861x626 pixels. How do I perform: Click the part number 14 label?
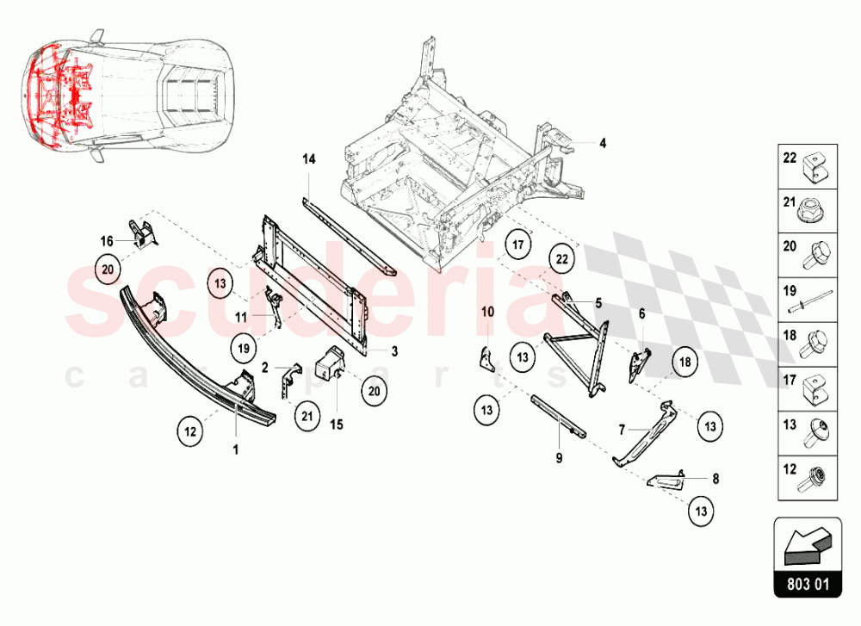(309, 159)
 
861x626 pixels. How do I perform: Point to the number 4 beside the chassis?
(603, 143)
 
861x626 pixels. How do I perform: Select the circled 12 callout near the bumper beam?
(191, 428)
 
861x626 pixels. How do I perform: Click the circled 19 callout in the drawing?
(244, 349)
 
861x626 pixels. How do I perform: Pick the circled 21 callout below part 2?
(306, 417)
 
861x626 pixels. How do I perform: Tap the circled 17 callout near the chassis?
(517, 245)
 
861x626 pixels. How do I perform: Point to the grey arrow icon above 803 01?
(807, 542)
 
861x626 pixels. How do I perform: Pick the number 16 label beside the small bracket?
(107, 241)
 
